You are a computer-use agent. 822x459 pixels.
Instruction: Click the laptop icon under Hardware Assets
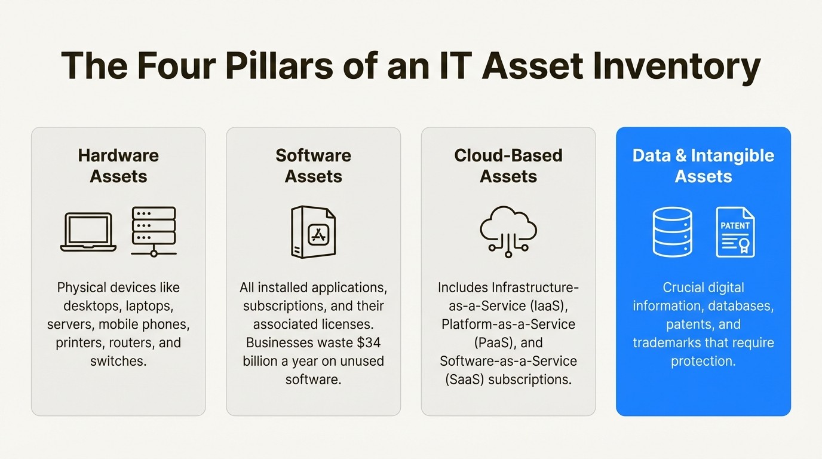pos(88,232)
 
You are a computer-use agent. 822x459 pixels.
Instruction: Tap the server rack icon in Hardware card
pos(154,231)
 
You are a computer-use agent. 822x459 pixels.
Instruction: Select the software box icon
pos(313,232)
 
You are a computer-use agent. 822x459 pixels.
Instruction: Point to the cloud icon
pos(508,231)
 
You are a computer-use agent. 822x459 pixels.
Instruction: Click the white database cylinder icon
pos(672,232)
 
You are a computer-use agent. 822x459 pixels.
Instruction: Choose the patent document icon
pos(735,232)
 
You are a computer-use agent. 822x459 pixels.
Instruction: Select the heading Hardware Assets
pos(118,166)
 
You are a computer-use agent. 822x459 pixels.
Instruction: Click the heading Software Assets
pos(313,166)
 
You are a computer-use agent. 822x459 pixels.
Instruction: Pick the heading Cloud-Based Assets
pos(508,166)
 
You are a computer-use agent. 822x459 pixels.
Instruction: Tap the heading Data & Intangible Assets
pos(703,166)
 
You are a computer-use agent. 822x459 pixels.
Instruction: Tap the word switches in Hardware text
pos(117,362)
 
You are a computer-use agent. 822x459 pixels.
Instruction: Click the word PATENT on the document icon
pos(735,226)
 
